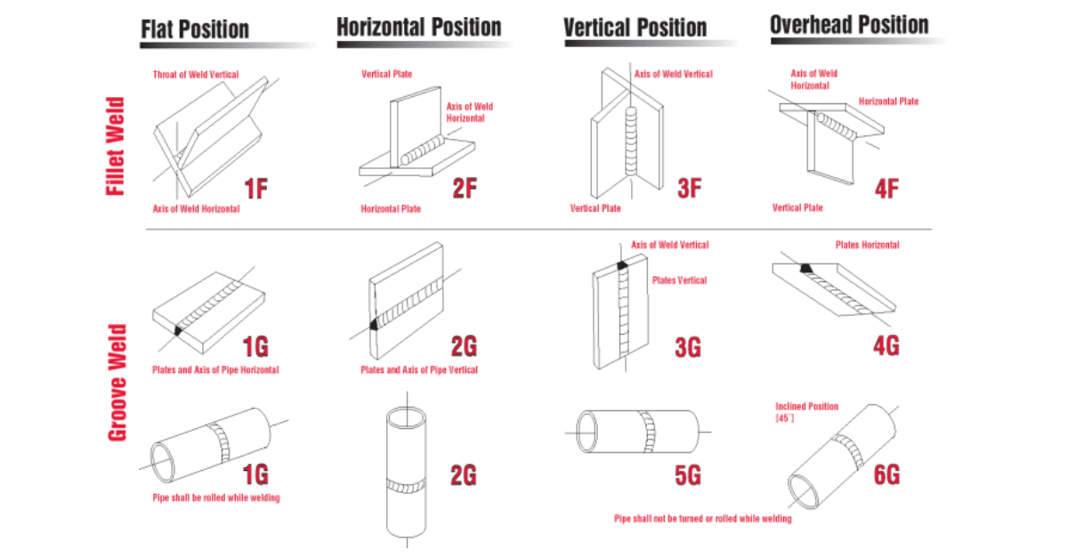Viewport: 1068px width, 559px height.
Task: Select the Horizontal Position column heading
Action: point(418,27)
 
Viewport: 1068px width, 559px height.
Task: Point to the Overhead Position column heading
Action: point(849,25)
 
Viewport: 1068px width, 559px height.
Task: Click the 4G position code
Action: point(886,344)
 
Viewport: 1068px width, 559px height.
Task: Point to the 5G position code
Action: point(687,474)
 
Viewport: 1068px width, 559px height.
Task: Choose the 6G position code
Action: point(886,474)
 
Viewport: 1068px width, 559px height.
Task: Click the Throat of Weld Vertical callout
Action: point(196,75)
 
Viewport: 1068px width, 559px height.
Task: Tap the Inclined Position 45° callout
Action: point(806,412)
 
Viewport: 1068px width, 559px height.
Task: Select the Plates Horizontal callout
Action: point(867,245)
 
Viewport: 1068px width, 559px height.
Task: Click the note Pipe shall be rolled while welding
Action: point(216,498)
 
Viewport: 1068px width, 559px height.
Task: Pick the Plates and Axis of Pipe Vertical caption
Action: point(418,369)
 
